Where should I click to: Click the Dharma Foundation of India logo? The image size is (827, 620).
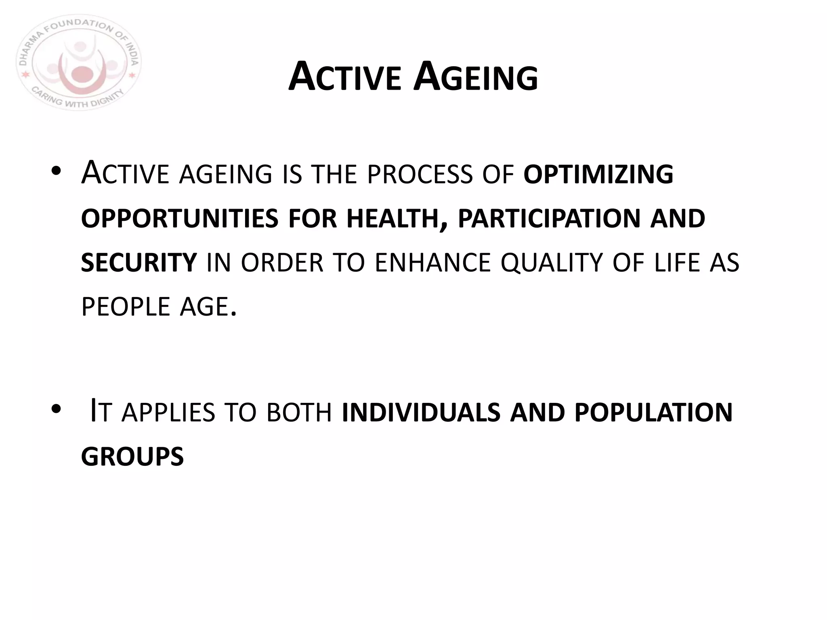79,63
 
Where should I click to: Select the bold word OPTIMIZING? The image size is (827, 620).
598,174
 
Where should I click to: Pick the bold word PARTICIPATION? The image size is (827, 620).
549,218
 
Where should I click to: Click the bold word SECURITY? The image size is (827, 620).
139,262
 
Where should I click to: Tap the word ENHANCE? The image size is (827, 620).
433,262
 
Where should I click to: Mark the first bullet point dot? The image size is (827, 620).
56,172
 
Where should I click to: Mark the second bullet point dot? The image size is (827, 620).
56,410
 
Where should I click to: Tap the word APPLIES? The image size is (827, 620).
168,413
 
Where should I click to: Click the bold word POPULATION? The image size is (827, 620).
653,413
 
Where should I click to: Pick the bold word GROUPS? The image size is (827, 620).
132,457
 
